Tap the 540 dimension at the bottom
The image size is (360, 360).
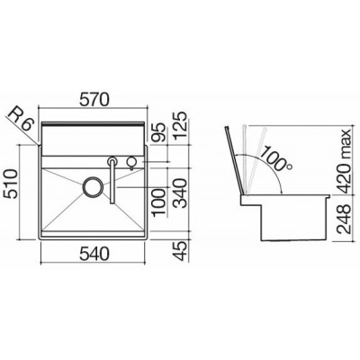click(x=94, y=255)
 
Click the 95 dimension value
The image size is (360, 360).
click(x=159, y=132)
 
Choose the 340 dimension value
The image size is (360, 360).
click(x=181, y=193)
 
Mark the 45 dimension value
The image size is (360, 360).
click(x=181, y=253)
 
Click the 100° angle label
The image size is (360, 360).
click(x=275, y=158)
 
